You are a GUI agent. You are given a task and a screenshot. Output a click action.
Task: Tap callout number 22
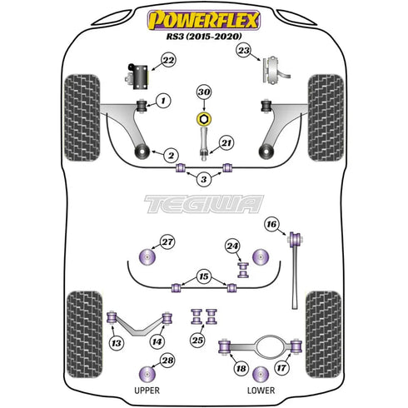168,60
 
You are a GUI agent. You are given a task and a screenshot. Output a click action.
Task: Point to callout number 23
243,52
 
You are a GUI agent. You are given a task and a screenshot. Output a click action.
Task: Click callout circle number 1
163,101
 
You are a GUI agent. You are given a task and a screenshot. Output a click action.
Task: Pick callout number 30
203,92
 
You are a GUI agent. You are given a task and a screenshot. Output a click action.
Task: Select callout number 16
271,223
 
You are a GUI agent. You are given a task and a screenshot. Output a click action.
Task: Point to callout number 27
167,242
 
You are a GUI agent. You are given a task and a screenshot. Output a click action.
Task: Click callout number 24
232,246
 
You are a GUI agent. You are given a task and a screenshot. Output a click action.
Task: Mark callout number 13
116,342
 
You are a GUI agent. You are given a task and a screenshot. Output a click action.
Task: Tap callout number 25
197,340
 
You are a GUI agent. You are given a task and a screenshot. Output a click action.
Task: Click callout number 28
167,360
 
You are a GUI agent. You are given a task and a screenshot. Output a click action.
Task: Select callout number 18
241,368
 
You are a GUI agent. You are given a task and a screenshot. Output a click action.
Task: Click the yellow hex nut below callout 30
203,113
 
